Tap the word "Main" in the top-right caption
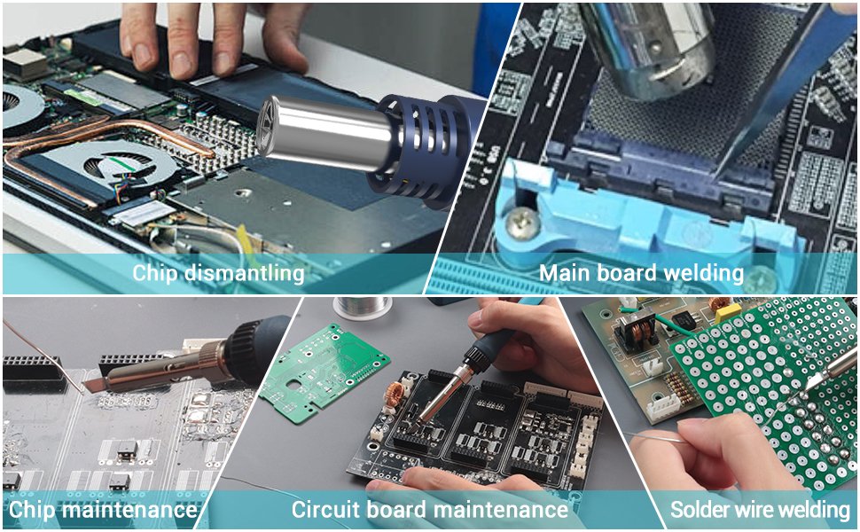[x=565, y=272]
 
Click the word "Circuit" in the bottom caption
[x=325, y=510]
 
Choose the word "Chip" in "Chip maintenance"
[x=32, y=510]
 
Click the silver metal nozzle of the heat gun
[x=324, y=133]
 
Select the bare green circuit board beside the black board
[x=324, y=373]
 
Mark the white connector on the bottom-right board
[x=663, y=408]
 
